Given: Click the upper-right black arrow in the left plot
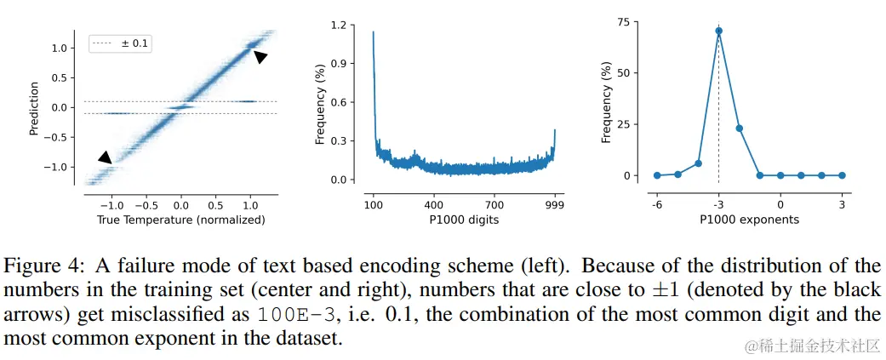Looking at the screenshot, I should pos(260,56).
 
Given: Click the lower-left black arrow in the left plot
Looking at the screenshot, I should pos(104,157).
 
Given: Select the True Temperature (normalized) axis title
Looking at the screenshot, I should pos(180,220).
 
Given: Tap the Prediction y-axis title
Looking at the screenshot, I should pos(35,108).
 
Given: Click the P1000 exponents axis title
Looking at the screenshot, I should pos(749,220).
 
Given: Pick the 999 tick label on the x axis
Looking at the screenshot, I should pos(556,205).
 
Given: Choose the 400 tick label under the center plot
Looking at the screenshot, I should pos(434,205).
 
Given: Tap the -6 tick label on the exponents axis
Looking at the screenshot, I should pos(656,205).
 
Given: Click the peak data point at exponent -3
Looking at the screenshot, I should pos(718,31).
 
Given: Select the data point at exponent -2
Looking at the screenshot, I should pos(739,129).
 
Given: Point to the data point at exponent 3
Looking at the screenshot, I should pos(842,175).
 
